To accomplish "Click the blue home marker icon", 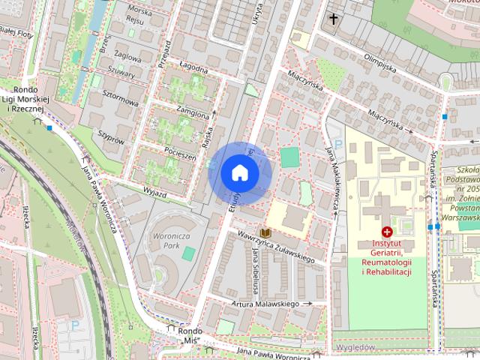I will click(240, 172).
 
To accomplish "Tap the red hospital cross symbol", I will click(387, 233).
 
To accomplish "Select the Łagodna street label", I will click(193, 67).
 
